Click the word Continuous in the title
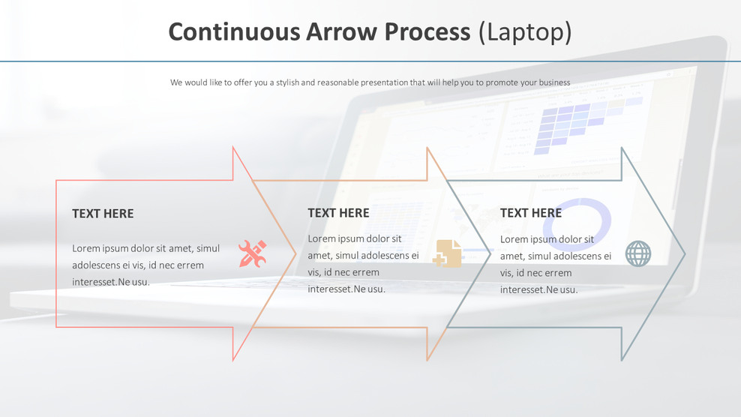(234, 31)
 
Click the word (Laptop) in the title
(525, 31)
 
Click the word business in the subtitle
(553, 82)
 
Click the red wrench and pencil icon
(252, 253)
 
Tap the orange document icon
(448, 253)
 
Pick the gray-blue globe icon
(638, 253)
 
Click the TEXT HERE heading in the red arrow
(103, 214)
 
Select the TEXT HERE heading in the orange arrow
(338, 213)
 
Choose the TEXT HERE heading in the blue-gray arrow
(531, 213)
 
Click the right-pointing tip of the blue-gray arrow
(683, 254)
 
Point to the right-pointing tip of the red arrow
(295, 254)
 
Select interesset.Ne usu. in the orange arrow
(346, 289)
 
